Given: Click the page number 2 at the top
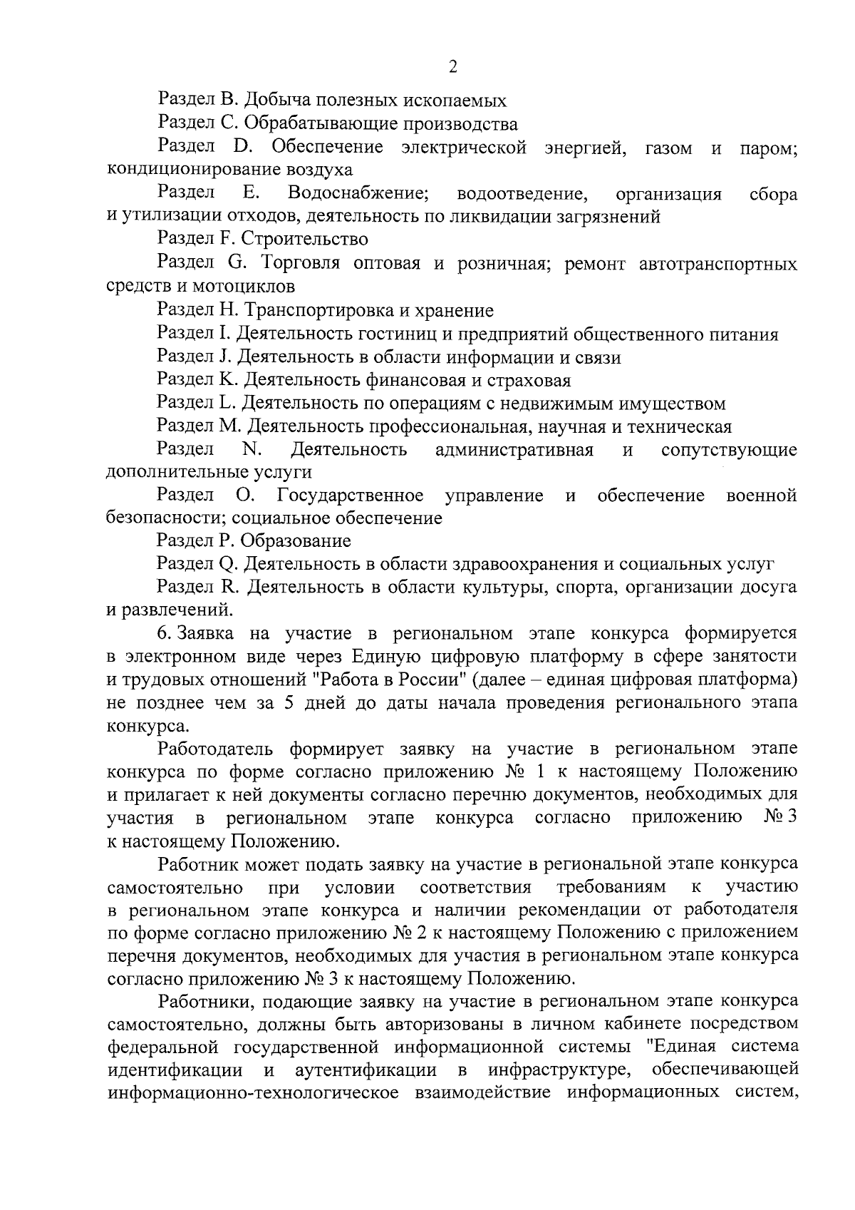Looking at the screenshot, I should [452, 67].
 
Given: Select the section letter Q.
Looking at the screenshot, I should [227, 565].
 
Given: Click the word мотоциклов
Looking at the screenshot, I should [247, 287].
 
